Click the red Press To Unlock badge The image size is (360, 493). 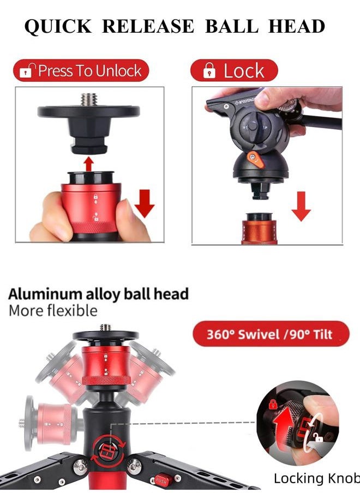tap(81, 71)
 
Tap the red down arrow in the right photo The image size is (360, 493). tap(301, 206)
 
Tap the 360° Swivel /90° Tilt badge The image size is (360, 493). tap(271, 334)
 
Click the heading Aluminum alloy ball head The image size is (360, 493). tap(98, 294)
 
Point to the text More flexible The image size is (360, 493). tap(53, 311)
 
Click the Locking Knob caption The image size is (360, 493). tap(316, 478)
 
